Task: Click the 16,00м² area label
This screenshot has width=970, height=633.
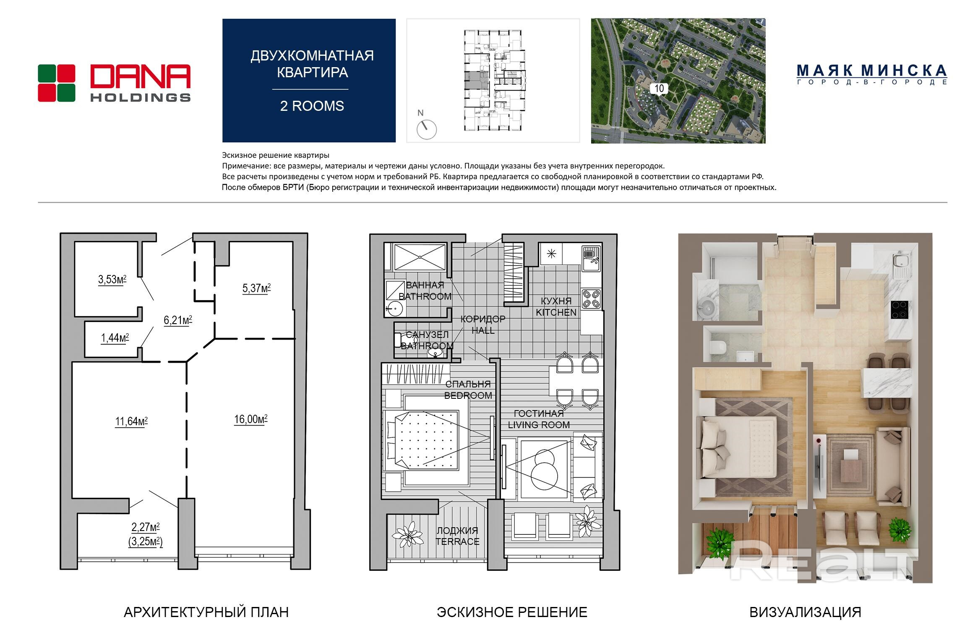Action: (251, 419)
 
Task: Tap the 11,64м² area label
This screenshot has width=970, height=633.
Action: (131, 421)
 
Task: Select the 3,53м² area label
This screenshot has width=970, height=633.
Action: (112, 280)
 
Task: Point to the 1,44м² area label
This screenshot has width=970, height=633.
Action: (115, 338)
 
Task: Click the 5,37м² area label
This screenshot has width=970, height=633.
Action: (256, 288)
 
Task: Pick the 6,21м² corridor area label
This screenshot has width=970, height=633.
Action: (178, 321)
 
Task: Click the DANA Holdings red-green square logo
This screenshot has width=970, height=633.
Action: (57, 83)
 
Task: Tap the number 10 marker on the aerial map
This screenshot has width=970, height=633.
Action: (659, 89)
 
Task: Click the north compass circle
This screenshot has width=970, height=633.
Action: (427, 129)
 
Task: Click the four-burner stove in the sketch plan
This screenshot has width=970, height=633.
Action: (592, 298)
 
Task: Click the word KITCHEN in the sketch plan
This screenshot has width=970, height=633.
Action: (556, 312)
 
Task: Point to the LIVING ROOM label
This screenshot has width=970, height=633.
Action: (539, 425)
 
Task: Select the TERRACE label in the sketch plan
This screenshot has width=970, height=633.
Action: (457, 541)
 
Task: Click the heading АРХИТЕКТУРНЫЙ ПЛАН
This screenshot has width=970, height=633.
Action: (206, 612)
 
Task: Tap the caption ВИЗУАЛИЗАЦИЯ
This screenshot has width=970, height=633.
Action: (805, 612)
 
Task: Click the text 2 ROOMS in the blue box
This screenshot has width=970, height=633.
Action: (312, 106)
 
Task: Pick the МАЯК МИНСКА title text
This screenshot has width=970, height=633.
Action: (872, 70)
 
